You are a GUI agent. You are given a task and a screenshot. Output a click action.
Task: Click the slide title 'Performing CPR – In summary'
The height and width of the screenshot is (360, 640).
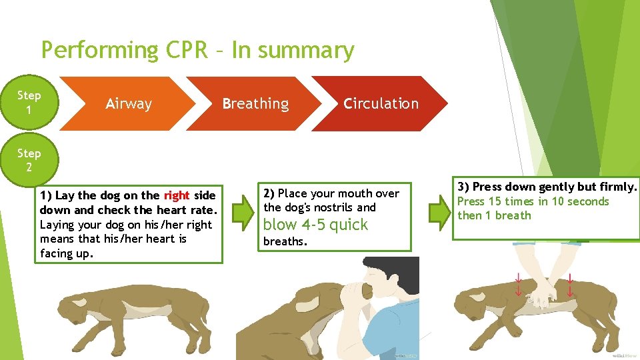(197, 51)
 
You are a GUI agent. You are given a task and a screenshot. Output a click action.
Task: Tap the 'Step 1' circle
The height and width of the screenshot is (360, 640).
(29, 102)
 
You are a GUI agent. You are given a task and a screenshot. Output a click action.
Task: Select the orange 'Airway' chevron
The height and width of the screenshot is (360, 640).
(129, 104)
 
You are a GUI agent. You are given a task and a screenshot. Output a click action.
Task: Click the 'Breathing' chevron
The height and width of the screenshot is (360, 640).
(255, 104)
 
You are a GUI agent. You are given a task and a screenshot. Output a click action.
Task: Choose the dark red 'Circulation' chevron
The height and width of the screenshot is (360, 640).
(381, 104)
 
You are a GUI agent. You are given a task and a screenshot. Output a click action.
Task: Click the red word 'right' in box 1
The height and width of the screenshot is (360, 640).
(177, 195)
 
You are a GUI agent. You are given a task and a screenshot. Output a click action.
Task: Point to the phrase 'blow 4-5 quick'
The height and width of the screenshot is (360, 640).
(315, 225)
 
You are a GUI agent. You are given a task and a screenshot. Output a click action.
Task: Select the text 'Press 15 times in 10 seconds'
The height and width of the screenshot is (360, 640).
(533, 201)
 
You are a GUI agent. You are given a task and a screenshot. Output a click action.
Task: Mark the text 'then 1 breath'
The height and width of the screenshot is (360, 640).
(494, 215)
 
